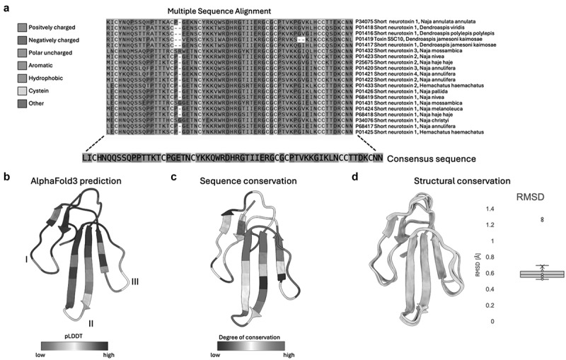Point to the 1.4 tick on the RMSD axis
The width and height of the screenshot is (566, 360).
[480, 209]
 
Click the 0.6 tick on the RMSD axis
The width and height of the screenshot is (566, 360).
[480, 273]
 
